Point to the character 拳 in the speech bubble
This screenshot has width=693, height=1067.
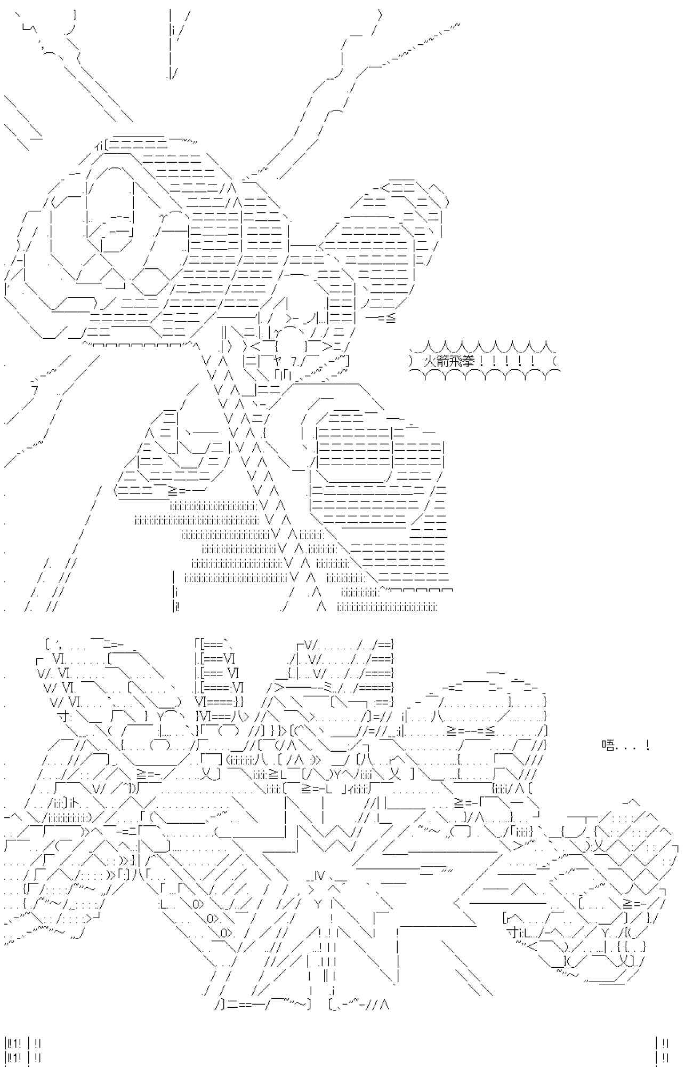(x=469, y=361)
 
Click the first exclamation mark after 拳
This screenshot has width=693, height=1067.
(x=482, y=361)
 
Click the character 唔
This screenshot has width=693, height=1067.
(x=608, y=745)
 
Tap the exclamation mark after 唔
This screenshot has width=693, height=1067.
(x=647, y=745)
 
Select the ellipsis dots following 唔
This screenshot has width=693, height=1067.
(x=629, y=747)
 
